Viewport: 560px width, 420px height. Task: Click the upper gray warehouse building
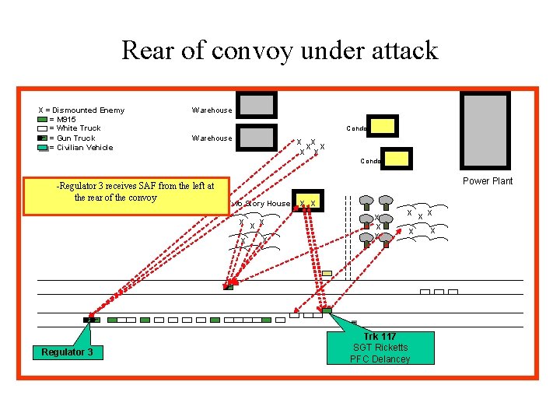coord(257,105)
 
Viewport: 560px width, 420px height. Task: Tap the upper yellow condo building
coord(383,125)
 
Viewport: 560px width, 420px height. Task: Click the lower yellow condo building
coord(395,159)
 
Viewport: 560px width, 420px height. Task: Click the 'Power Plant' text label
coord(488,181)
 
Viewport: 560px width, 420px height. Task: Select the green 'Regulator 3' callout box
coord(68,352)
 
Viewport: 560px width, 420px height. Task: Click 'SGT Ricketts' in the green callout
coord(380,347)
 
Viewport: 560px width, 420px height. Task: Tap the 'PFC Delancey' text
coord(380,359)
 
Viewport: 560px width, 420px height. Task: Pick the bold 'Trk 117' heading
coord(380,336)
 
